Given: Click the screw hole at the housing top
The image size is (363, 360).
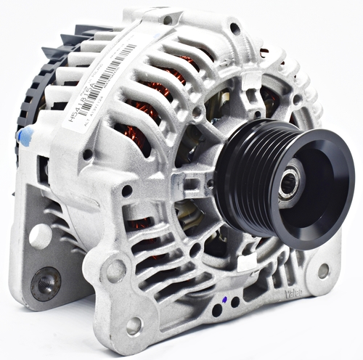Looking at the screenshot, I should tap(234, 28).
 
